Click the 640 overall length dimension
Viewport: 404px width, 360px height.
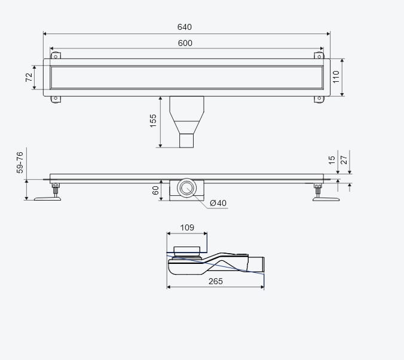click(185, 27)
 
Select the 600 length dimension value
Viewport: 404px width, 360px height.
click(185, 43)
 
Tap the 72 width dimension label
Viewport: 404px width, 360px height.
click(29, 77)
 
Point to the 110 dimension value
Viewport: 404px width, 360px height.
click(336, 77)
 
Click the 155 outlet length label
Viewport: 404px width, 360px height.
click(153, 121)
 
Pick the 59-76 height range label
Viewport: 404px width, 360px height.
click(20, 162)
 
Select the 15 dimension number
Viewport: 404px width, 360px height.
click(332, 160)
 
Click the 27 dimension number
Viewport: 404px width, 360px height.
click(344, 160)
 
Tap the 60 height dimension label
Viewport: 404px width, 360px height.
click(155, 190)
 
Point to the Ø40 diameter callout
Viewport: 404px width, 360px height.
click(218, 203)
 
